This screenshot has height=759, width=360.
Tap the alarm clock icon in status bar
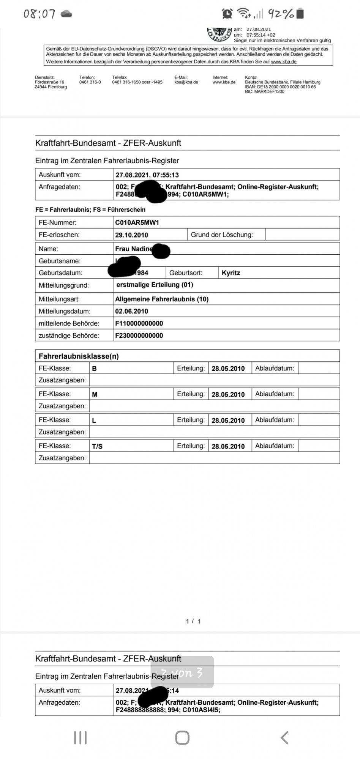(x=227, y=14)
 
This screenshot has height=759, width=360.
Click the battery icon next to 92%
(x=300, y=14)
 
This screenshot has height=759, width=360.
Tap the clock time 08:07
(x=39, y=14)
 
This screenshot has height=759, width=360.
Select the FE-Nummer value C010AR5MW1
(x=137, y=223)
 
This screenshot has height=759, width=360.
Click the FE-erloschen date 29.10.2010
(x=131, y=235)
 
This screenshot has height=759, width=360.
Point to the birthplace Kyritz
(x=231, y=273)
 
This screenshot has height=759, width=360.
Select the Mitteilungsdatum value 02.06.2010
(x=131, y=311)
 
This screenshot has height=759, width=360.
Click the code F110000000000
(x=139, y=323)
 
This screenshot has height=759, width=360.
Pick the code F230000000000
(x=139, y=335)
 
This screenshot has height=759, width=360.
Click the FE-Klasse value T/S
(x=97, y=446)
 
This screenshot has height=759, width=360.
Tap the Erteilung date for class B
(x=228, y=368)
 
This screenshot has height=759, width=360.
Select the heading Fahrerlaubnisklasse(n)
(x=79, y=356)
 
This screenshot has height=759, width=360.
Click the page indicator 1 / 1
(x=193, y=621)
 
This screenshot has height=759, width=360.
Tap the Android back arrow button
(x=284, y=738)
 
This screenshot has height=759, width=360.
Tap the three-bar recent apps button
(x=80, y=738)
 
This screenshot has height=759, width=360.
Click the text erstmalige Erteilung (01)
(x=155, y=285)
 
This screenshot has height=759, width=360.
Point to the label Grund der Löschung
(x=221, y=235)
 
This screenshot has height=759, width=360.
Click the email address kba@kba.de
(x=186, y=82)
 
